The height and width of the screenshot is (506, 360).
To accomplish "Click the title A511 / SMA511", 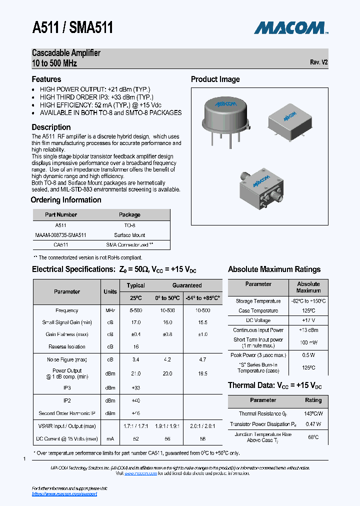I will [x=72, y=27].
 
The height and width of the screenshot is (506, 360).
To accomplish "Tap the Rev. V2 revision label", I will [x=318, y=62].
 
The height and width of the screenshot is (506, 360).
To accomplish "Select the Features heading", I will [x=46, y=79].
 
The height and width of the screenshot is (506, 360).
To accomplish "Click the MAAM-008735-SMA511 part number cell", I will [x=61, y=235].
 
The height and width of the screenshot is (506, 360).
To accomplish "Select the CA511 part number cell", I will [x=61, y=245].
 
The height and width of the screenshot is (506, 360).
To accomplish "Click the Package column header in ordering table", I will [x=129, y=214].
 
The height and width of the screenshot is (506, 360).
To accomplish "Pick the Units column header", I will [x=110, y=291].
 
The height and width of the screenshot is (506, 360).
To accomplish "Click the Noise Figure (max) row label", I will [x=67, y=359].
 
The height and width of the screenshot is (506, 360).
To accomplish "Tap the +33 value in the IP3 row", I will [x=135, y=388].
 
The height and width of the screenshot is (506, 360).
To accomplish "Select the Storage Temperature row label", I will [x=258, y=301].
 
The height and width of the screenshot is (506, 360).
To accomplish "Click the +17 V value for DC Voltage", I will [x=308, y=320].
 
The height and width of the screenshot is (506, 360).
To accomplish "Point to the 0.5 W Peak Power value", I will [x=308, y=355].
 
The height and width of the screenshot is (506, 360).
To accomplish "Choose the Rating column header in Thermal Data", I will [x=313, y=400].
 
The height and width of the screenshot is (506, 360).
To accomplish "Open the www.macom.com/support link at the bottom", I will [x=64, y=494].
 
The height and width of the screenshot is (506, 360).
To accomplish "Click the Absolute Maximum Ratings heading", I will [x=274, y=269].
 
